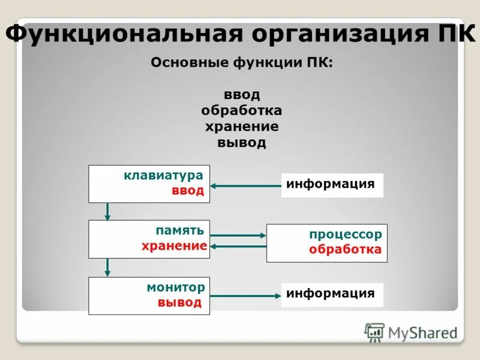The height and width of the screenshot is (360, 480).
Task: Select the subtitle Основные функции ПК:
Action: pos(241,63)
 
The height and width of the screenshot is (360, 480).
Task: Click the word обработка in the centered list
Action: pos(242,111)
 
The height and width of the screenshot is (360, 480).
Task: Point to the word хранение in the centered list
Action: pos(242,127)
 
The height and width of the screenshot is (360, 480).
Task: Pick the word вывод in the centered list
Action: pos(242,143)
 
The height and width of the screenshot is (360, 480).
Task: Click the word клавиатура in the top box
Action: pos(164,176)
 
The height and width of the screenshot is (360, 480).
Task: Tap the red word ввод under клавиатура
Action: pos(188,191)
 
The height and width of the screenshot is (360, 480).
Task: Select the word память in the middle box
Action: pos(180,230)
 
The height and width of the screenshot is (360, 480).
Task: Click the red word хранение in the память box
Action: pos(175,245)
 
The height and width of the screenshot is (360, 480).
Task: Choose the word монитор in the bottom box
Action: pos(176,287)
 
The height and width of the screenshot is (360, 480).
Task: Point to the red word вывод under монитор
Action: pos(180,302)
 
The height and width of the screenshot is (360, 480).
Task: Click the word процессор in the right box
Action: pos(345,234)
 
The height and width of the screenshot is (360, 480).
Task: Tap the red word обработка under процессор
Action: pos(345,249)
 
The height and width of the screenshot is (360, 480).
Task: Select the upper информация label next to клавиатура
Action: pos(331,184)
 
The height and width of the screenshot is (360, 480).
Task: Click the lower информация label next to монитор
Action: pos(331,293)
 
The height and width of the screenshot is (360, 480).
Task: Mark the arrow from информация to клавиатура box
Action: pos(245,186)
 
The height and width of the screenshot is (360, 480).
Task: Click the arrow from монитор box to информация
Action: pos(245,296)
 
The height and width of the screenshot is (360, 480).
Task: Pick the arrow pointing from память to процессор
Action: pos(238,236)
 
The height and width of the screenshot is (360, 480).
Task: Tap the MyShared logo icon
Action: pos(375,332)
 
